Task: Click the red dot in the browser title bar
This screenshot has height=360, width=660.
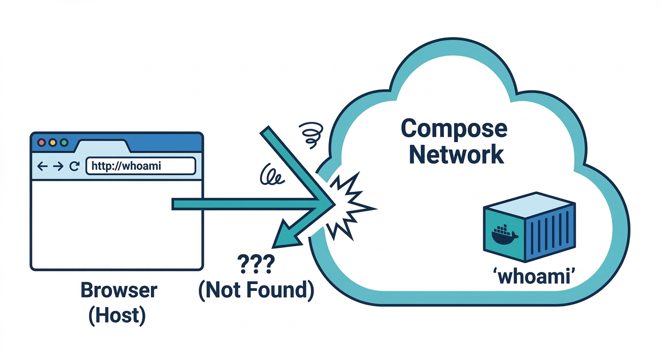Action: coord(41,142)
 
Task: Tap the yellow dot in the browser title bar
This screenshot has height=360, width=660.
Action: coord(52,142)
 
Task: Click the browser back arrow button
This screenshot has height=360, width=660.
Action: coord(42,166)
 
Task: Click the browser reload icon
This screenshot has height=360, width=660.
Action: coord(74,166)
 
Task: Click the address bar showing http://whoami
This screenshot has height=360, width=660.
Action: coord(140,166)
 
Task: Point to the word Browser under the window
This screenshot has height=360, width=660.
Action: coord(119,291)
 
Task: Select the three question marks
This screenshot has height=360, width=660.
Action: coord(255,265)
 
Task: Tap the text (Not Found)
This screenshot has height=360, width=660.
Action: coord(255,291)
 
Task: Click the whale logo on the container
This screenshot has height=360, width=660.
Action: coord(504,235)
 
